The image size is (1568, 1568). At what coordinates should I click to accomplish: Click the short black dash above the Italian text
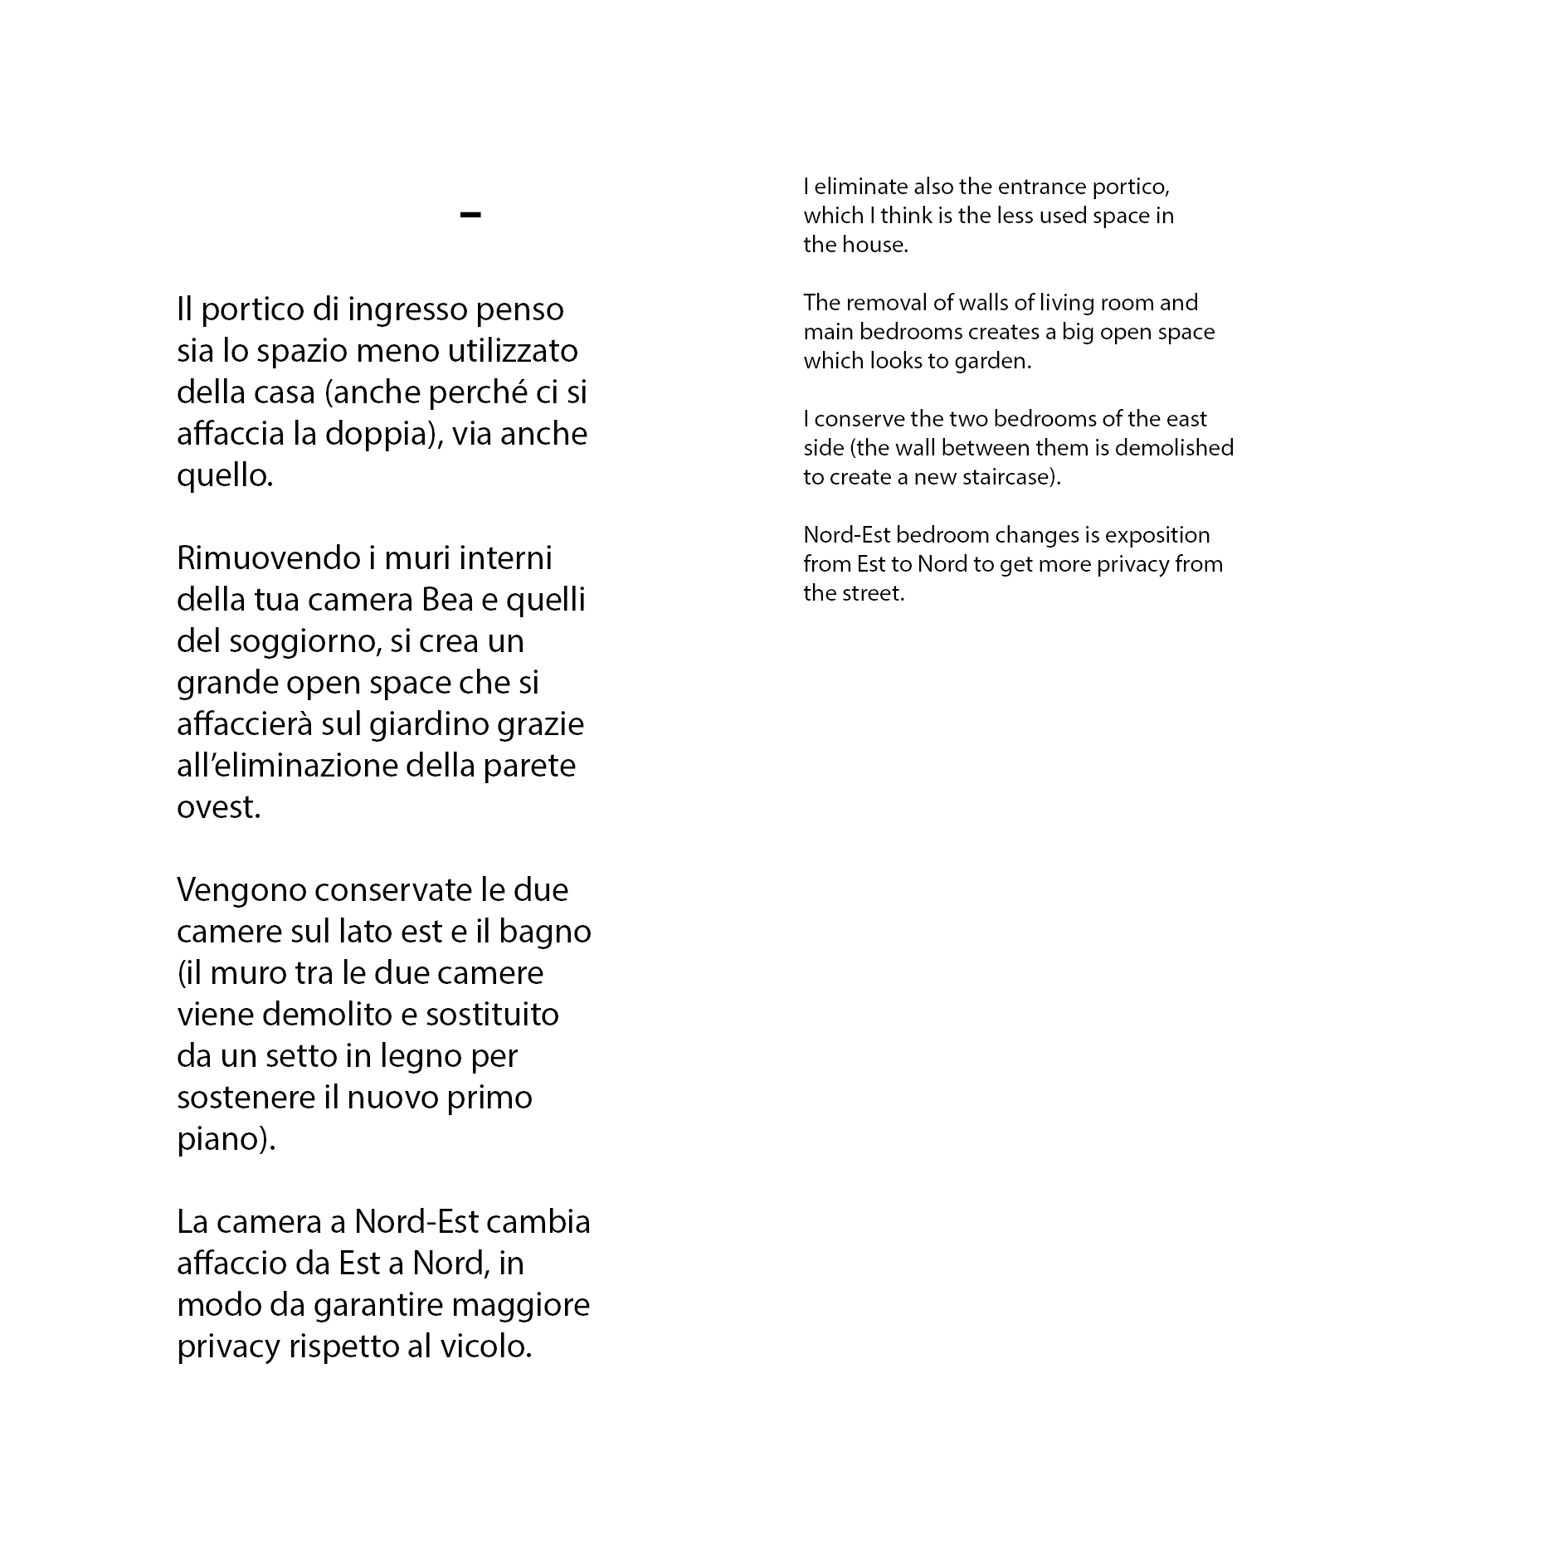point(470,216)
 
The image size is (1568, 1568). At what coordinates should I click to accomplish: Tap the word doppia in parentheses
point(388,434)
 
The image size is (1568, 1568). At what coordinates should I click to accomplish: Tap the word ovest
point(218,807)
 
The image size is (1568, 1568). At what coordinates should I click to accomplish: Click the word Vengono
point(241,890)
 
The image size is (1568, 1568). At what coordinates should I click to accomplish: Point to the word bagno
point(544,932)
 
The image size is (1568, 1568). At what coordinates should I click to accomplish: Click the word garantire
point(377,1305)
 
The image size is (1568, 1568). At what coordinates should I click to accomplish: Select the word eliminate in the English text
point(861,187)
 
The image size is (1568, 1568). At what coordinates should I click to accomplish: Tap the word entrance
point(1042,187)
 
